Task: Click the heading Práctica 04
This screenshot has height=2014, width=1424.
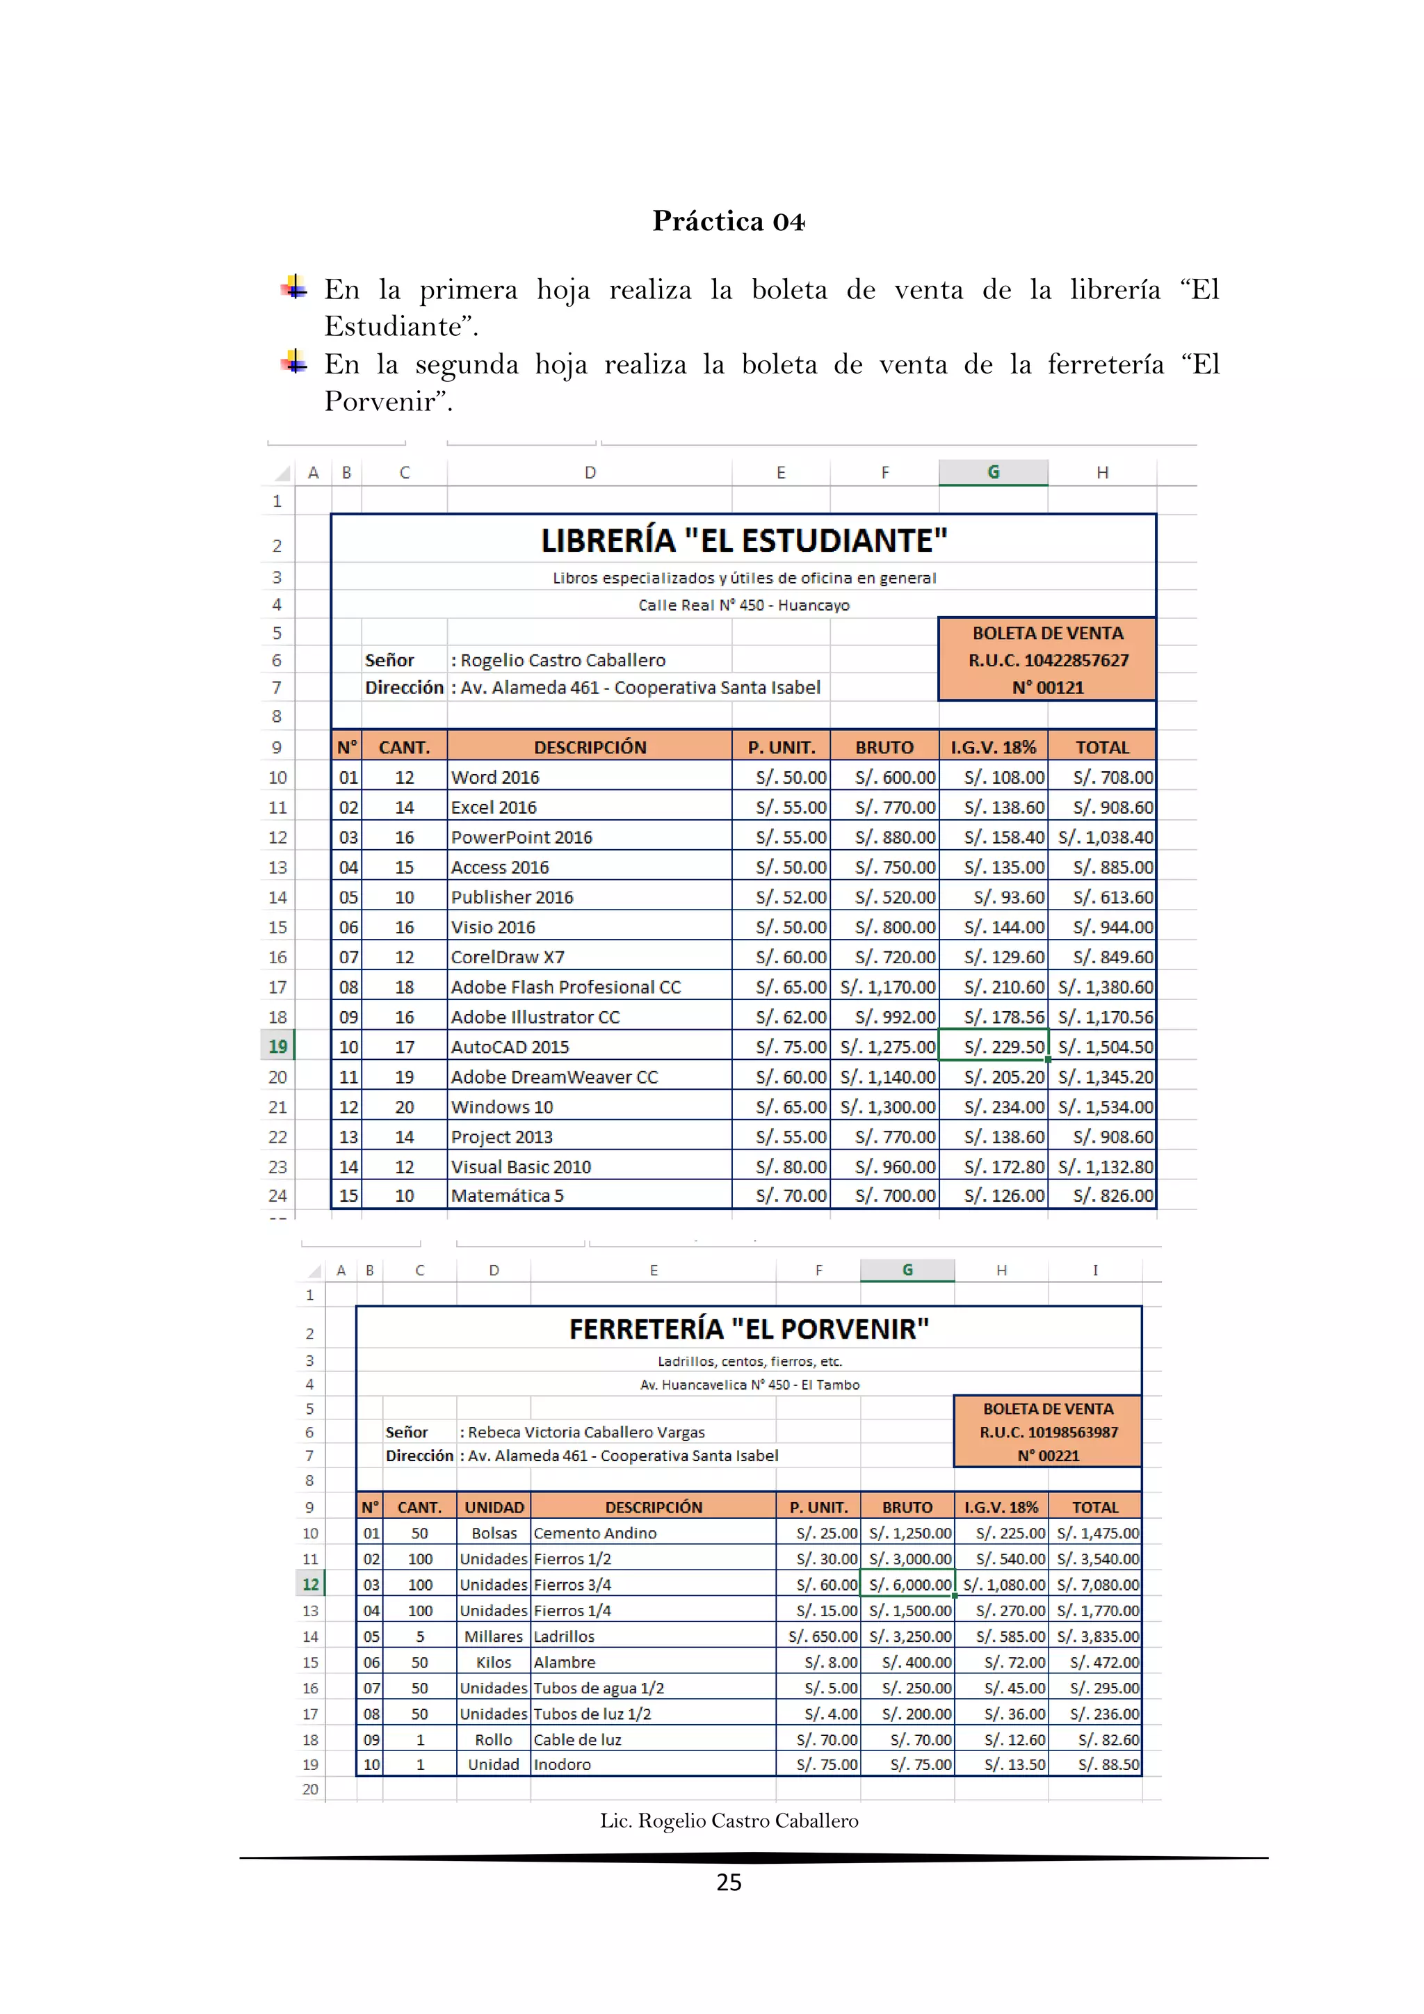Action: click(728, 221)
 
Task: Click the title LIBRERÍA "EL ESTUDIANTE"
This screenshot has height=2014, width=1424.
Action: click(743, 541)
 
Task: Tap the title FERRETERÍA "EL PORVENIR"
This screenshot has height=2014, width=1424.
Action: click(749, 1329)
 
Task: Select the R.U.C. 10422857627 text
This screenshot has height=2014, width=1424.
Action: click(1048, 661)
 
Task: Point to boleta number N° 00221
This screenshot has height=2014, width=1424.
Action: click(1048, 1456)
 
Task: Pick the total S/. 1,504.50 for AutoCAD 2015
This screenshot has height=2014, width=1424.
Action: click(1105, 1047)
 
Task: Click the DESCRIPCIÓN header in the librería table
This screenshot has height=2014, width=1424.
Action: click(590, 748)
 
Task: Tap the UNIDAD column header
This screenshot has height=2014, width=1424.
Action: click(494, 1507)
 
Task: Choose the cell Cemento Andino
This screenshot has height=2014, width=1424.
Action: click(594, 1533)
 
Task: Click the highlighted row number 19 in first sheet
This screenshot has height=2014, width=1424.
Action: click(278, 1047)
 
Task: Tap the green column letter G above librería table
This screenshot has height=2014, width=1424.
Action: click(993, 472)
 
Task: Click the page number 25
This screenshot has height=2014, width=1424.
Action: click(729, 1883)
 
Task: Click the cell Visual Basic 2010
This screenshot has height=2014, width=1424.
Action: click(521, 1167)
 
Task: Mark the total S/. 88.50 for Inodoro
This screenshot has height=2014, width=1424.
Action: click(1108, 1764)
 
